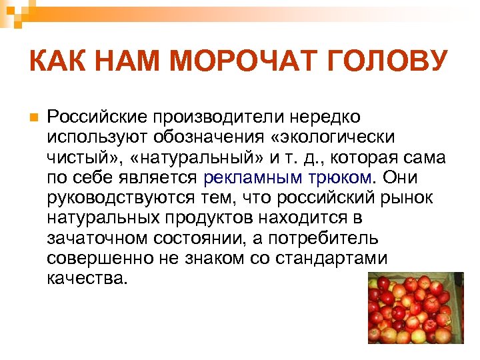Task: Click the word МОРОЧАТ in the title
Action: pyautogui.click(x=250, y=63)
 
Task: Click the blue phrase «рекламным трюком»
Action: pyautogui.click(x=287, y=178)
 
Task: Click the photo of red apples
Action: pyautogui.click(x=415, y=308)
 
